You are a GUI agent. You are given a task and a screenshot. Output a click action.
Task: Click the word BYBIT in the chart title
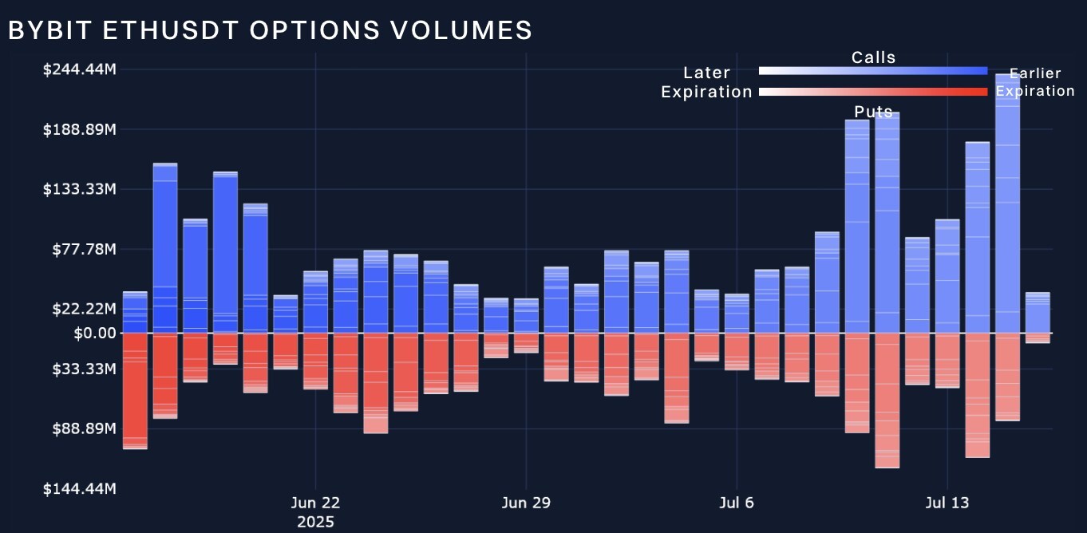[49, 30]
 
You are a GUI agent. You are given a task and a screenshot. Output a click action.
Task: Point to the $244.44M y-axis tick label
[80, 69]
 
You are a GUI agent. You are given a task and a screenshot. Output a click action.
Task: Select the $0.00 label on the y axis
[94, 333]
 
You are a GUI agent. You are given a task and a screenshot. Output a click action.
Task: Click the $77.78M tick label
[84, 249]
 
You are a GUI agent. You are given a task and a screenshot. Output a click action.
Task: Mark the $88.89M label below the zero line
[84, 428]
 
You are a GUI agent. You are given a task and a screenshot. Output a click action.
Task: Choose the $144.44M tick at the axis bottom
[80, 488]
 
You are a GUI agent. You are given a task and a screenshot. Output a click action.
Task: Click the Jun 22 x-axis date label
[315, 503]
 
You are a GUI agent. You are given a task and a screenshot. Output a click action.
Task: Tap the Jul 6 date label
[736, 503]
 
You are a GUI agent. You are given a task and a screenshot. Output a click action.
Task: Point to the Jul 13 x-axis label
[947, 503]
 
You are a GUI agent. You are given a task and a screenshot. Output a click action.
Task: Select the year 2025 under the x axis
[315, 523]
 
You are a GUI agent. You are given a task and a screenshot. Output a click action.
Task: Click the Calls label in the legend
[873, 57]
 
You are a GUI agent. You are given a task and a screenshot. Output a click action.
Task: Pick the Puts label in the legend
[873, 112]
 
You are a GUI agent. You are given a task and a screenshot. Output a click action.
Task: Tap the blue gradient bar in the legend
[873, 71]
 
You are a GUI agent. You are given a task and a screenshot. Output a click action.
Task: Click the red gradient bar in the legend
[873, 92]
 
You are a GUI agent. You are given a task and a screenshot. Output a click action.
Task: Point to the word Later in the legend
[706, 73]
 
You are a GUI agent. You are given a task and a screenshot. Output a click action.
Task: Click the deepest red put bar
[887, 400]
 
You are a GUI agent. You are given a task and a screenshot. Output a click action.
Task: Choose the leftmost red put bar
[135, 391]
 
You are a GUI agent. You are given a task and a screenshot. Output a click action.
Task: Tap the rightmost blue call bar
[1038, 312]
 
